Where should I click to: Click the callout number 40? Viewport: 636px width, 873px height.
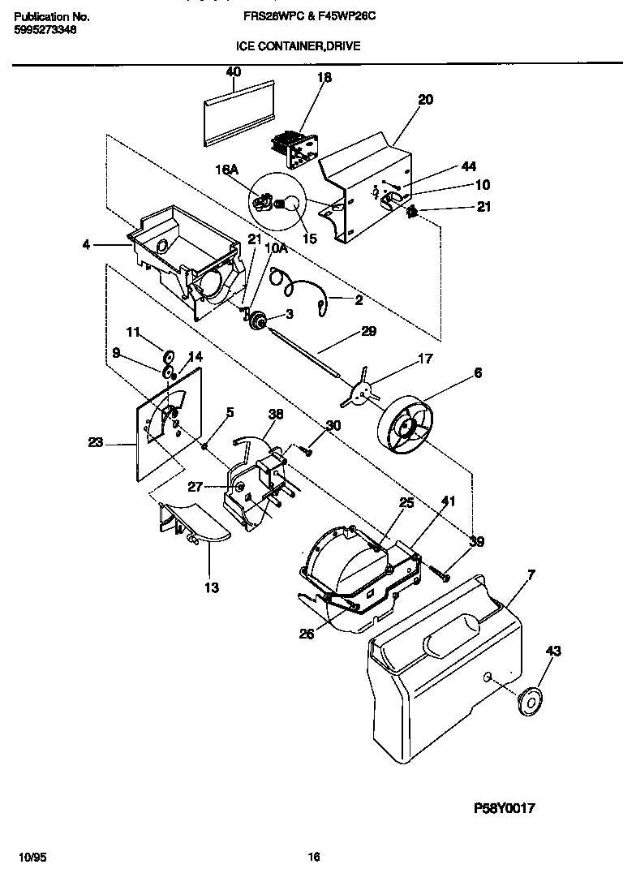click(x=233, y=72)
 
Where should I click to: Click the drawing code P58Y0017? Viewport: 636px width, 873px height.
click(x=505, y=808)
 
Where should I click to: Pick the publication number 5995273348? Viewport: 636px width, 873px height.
click(x=46, y=30)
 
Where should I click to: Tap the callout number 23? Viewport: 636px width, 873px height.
click(x=97, y=443)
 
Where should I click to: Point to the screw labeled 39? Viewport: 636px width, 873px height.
click(x=443, y=573)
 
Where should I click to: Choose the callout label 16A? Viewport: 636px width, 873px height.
click(x=226, y=170)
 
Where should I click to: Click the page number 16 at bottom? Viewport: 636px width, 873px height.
click(x=315, y=857)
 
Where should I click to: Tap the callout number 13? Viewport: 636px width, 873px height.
click(x=212, y=587)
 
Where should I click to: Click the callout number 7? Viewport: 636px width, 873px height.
click(x=531, y=575)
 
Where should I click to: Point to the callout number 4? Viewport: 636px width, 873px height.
click(x=86, y=243)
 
